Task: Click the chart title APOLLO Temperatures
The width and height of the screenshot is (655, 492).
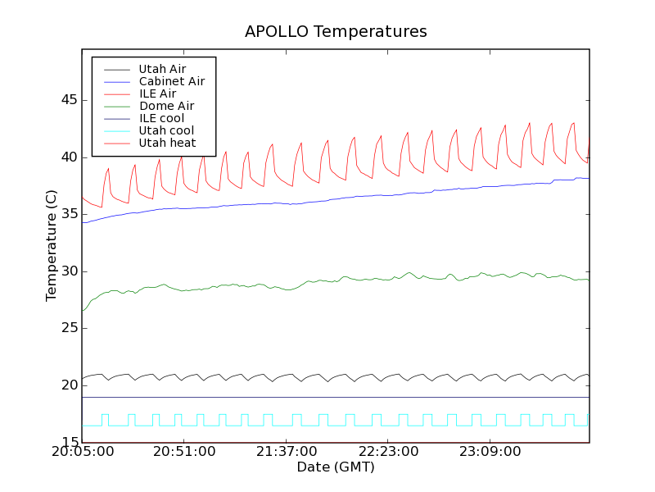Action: (x=336, y=32)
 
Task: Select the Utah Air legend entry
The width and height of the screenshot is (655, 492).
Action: (x=162, y=69)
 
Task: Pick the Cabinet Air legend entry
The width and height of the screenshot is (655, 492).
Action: (x=171, y=81)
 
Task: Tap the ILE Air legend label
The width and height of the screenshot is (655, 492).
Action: (x=157, y=93)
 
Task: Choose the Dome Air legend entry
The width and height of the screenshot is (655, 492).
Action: (x=166, y=106)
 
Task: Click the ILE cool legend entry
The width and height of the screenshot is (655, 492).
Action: (x=161, y=118)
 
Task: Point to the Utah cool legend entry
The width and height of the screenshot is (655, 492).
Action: (x=166, y=130)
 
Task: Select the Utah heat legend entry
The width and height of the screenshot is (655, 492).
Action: (x=167, y=143)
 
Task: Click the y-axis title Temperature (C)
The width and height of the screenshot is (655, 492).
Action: (x=52, y=246)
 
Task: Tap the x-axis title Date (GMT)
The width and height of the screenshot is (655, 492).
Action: (x=336, y=467)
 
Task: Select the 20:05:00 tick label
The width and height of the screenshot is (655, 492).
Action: (x=82, y=452)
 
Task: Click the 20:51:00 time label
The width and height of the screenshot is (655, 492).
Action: (x=184, y=452)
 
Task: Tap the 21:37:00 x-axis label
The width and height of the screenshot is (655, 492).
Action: (x=286, y=452)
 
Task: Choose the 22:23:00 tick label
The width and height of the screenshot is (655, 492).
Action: (x=388, y=452)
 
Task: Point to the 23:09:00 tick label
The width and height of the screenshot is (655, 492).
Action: (x=490, y=452)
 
